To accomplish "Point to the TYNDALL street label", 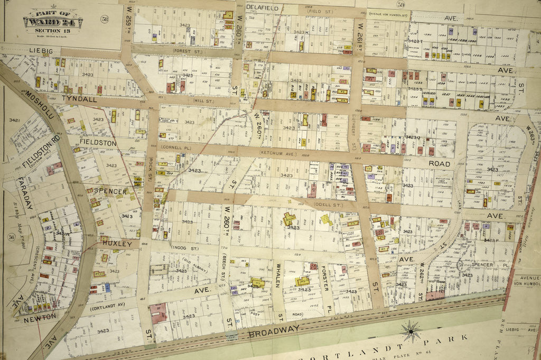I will coord(79,98).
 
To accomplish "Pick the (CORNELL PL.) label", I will coord(175,147).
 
